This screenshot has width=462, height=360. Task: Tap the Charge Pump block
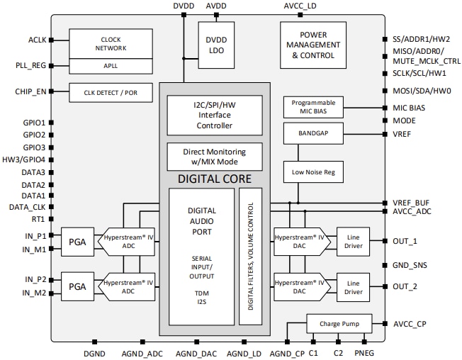(x=339, y=324)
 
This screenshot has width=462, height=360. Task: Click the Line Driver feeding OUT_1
(x=353, y=241)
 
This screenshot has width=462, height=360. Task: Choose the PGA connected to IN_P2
(x=77, y=286)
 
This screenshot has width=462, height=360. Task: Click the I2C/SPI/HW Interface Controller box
(x=214, y=115)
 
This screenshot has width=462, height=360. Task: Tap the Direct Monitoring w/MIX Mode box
(x=214, y=157)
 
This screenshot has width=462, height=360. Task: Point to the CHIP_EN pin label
(x=30, y=91)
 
